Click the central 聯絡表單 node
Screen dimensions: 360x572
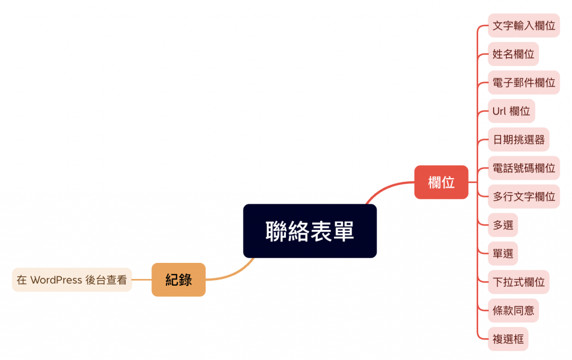tap(309, 231)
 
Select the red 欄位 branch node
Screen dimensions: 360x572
tap(441, 182)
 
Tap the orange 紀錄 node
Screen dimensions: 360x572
tap(178, 280)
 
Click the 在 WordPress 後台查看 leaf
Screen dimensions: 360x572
tap(71, 280)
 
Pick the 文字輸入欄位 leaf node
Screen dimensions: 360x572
tap(523, 26)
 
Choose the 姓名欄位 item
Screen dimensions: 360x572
tap(513, 54)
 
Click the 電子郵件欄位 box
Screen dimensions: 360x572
tap(523, 83)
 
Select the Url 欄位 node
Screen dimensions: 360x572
tap(511, 111)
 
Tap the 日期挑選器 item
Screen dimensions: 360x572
tap(518, 140)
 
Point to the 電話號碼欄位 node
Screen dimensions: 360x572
tap(523, 168)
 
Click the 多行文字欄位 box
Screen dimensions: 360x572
tap(523, 196)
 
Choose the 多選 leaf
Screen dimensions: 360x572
tap(503, 225)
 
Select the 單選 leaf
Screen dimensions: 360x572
tap(503, 253)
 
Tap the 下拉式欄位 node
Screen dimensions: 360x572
tap(518, 282)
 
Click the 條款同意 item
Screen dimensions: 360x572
tap(513, 310)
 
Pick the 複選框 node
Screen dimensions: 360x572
tap(508, 339)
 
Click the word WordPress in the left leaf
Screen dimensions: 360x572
tap(56, 280)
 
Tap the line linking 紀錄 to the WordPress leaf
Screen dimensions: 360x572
tap(142, 280)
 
